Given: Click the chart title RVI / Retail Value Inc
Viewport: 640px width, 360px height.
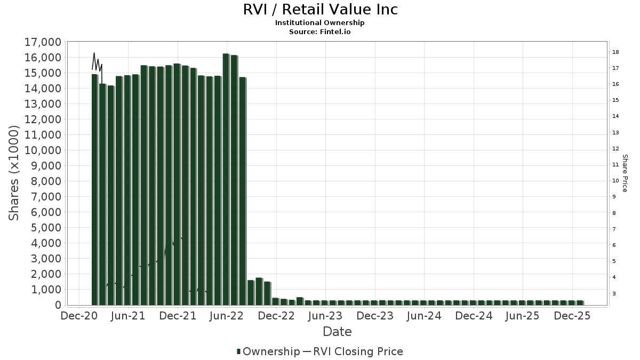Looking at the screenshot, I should click(320, 10).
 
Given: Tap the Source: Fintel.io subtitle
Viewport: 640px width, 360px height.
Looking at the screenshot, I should click(320, 31).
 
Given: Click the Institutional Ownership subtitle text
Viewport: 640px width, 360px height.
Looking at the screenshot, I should click(320, 22).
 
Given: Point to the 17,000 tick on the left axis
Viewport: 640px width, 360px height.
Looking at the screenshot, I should click(43, 42).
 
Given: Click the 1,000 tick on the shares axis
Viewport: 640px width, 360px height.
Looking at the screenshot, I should click(45, 290).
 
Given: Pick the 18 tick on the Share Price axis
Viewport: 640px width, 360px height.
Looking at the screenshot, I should click(615, 52).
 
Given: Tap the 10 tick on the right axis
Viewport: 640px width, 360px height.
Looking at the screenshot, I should click(615, 181).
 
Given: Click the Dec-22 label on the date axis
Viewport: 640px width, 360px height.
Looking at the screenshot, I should click(276, 316).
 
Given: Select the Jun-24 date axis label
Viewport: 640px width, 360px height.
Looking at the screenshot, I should click(423, 316).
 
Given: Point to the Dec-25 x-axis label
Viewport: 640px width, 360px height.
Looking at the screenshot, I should click(572, 316).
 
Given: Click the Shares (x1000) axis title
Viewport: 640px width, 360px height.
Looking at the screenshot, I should click(14, 173).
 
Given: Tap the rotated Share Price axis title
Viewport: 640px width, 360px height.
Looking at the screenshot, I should click(625, 173).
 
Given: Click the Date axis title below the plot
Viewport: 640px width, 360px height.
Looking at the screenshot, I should click(337, 332).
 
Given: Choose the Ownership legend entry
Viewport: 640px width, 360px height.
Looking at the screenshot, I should click(269, 351).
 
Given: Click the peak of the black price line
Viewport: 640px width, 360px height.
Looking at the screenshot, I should click(94, 53).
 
